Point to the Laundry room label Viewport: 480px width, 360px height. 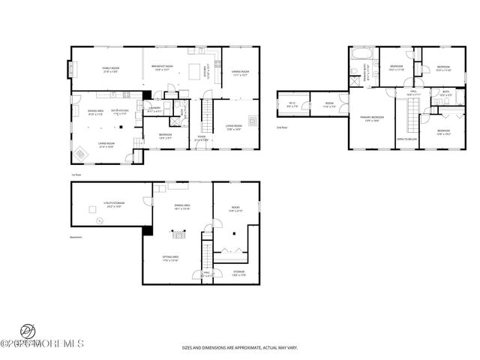(156, 109)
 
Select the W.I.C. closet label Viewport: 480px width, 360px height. (292, 105)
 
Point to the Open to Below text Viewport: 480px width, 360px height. (407, 139)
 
